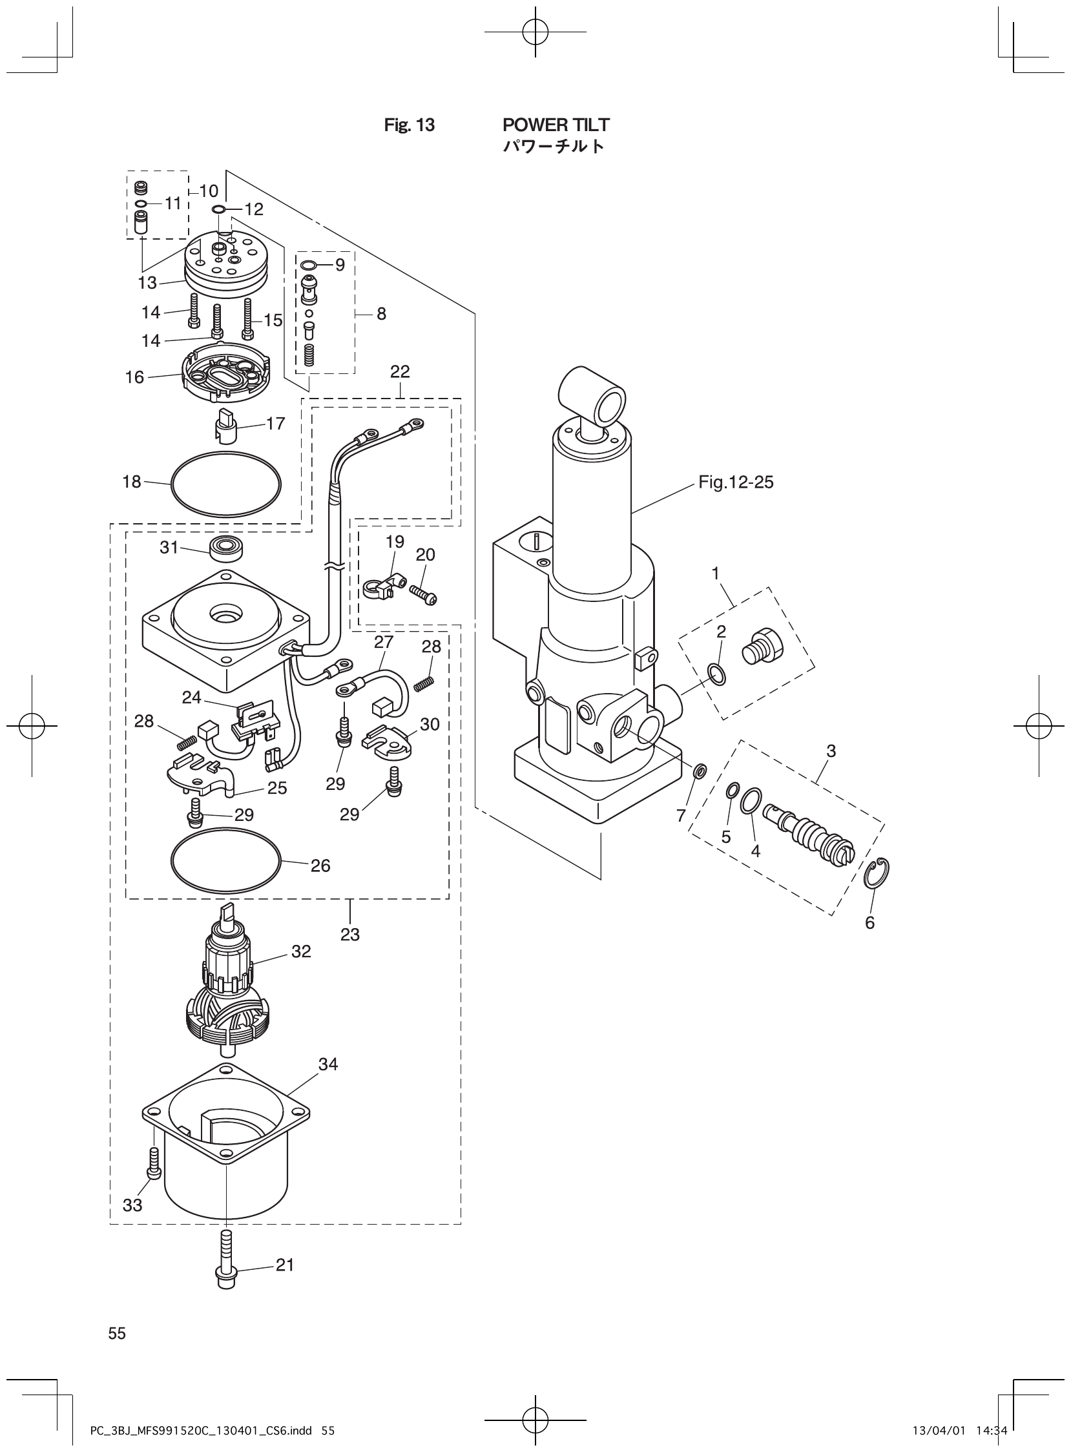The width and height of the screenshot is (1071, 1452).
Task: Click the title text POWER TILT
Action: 556,125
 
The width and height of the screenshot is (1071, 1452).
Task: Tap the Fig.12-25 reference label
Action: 735,482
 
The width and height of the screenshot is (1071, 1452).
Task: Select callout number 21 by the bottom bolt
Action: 285,1265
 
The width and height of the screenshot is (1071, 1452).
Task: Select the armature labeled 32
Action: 226,999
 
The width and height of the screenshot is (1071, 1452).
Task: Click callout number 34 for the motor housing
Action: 328,1064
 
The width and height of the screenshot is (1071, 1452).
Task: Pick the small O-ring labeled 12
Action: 218,209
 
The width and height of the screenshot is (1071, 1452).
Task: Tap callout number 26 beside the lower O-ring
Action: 320,866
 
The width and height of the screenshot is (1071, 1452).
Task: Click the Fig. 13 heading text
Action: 409,125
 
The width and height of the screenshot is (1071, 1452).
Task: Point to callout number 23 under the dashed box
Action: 349,934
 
